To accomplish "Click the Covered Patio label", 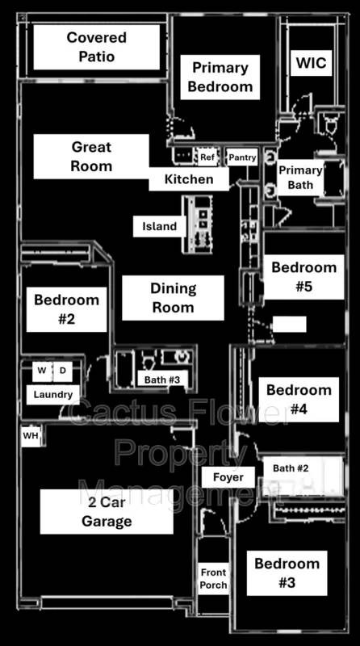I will coord(96,48).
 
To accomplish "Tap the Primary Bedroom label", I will coord(220,78).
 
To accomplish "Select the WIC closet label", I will coord(311,63).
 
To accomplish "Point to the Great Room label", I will coord(91,157).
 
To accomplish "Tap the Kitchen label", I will coord(189,179).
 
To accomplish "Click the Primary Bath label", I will coord(299,178).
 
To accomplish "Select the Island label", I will coord(159,226).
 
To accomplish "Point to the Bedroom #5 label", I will coord(303,276).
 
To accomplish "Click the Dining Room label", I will coord(172,297).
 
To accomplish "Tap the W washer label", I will coord(41,371).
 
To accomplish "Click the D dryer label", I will coord(61,371).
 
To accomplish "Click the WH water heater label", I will coord(31,436).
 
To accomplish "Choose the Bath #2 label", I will coord(291,468).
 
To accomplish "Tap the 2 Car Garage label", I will coord(107,511).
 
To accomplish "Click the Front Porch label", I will coord(214,578).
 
